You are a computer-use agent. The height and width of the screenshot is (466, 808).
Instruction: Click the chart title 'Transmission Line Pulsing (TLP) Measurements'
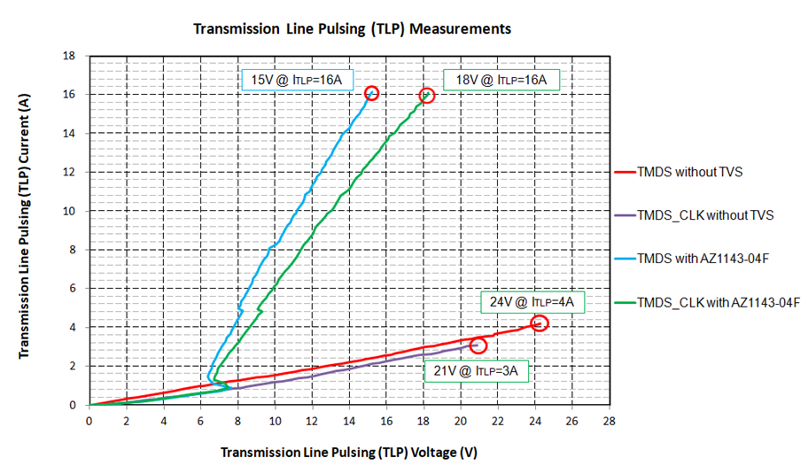pos(352,28)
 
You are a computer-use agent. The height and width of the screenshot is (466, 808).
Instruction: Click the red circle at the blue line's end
pos(371,93)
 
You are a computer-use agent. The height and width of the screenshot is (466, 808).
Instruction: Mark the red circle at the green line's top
pos(427,95)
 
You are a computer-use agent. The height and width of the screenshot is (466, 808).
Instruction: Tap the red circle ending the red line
pos(540,323)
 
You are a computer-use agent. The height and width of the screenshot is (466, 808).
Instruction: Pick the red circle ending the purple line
pos(478,346)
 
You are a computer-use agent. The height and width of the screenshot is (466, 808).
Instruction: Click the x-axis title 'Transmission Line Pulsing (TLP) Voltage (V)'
pos(349,452)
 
